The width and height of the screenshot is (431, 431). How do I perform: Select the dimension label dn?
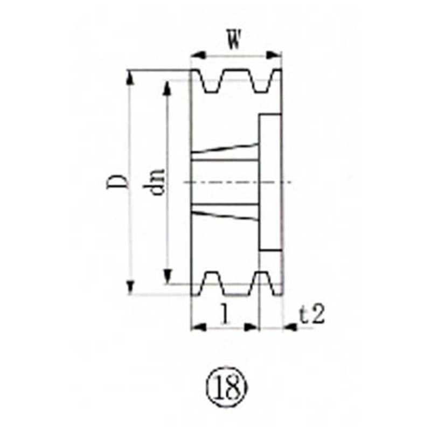point(158,182)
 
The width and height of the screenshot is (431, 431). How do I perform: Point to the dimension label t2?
point(312,315)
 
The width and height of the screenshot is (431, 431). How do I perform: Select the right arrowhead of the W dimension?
point(277,54)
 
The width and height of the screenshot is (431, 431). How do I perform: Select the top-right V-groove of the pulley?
point(260,81)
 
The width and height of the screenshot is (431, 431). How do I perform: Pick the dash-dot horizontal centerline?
point(237,182)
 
